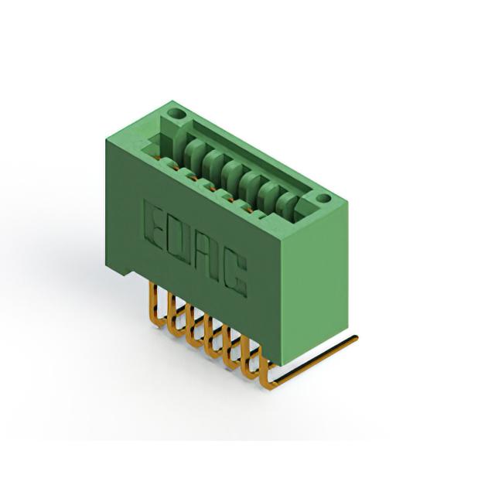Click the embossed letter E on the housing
(154, 224)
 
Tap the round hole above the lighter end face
(323, 199)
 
